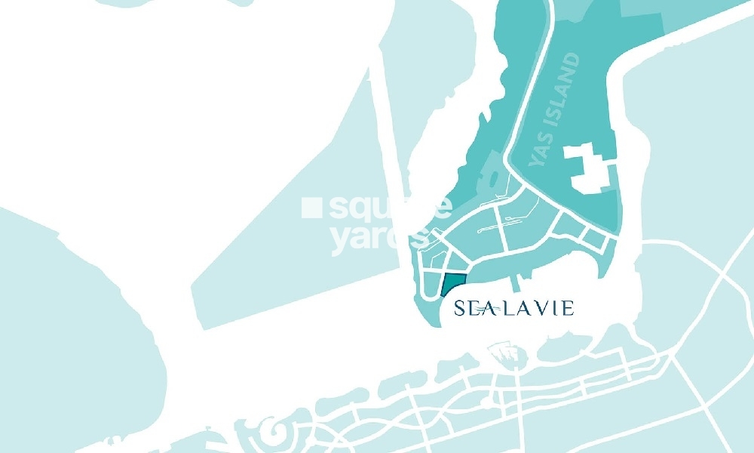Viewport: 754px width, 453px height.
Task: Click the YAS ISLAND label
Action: pyautogui.click(x=556, y=109)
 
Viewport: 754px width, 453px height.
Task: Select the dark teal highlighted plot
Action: pyautogui.click(x=452, y=286)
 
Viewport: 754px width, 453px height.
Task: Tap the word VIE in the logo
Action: pyautogui.click(x=558, y=308)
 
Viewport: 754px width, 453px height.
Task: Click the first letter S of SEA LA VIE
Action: pyautogui.click(x=459, y=308)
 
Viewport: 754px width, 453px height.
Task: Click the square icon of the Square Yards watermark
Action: pyautogui.click(x=308, y=206)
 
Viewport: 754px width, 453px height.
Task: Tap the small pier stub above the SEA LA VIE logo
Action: pyautogui.click(x=516, y=283)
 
